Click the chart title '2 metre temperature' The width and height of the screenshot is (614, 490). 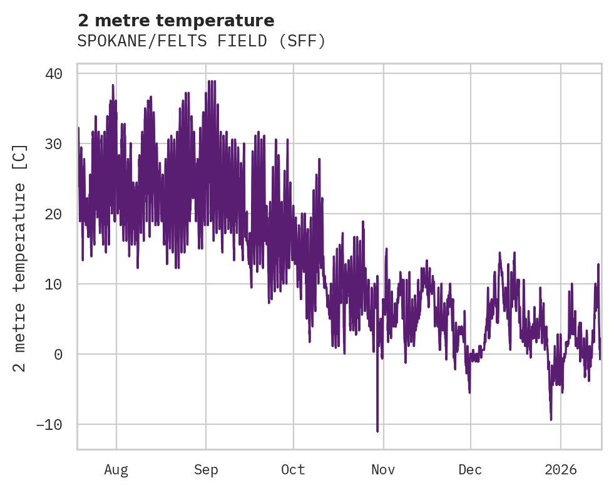pyautogui.click(x=176, y=21)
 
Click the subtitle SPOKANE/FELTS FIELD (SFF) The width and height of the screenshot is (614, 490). pyautogui.click(x=202, y=41)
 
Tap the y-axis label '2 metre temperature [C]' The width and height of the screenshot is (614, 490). pyautogui.click(x=20, y=258)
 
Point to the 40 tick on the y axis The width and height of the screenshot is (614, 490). pyautogui.click(x=54, y=74)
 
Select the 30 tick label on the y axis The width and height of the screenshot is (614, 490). pyautogui.click(x=54, y=144)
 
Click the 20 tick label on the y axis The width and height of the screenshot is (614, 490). pyautogui.click(x=54, y=214)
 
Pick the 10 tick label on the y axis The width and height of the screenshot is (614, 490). pyautogui.click(x=54, y=284)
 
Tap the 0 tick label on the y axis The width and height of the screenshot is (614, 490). pyautogui.click(x=58, y=355)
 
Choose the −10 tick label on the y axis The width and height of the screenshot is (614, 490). pyautogui.click(x=50, y=425)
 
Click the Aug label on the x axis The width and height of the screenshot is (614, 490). pyautogui.click(x=116, y=470)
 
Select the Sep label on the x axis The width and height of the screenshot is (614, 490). pyautogui.click(x=206, y=470)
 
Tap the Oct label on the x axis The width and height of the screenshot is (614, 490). pyautogui.click(x=293, y=470)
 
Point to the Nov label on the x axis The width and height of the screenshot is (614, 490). pyautogui.click(x=383, y=470)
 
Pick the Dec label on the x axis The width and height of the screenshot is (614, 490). pyautogui.click(x=470, y=470)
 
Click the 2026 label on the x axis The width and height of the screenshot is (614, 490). pyautogui.click(x=561, y=470)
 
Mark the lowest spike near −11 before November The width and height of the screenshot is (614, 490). pyautogui.click(x=377, y=430)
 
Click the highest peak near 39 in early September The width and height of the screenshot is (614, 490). pyautogui.click(x=210, y=81)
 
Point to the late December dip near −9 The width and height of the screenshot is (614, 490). pyautogui.click(x=551, y=419)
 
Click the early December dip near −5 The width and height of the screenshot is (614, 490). pyautogui.click(x=469, y=392)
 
